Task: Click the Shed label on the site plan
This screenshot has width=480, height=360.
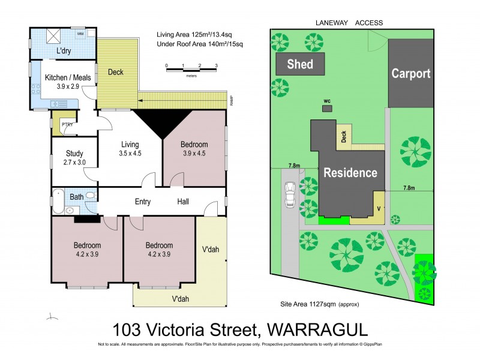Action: [x=299, y=64]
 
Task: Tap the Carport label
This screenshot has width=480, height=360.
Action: [x=411, y=74]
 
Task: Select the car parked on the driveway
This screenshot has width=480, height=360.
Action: [x=290, y=194]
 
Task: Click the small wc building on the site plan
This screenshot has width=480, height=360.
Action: [x=327, y=109]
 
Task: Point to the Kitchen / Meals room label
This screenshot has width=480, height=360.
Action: [x=62, y=78]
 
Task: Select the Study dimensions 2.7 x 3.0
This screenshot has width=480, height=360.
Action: [x=74, y=163]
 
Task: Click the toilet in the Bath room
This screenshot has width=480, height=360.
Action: [x=90, y=196]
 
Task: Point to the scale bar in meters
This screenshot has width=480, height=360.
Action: [x=191, y=70]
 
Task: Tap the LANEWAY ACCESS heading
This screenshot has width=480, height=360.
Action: [x=349, y=23]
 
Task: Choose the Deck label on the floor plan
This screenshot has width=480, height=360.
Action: [x=116, y=73]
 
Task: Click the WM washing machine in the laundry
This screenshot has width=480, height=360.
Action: [x=80, y=35]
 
